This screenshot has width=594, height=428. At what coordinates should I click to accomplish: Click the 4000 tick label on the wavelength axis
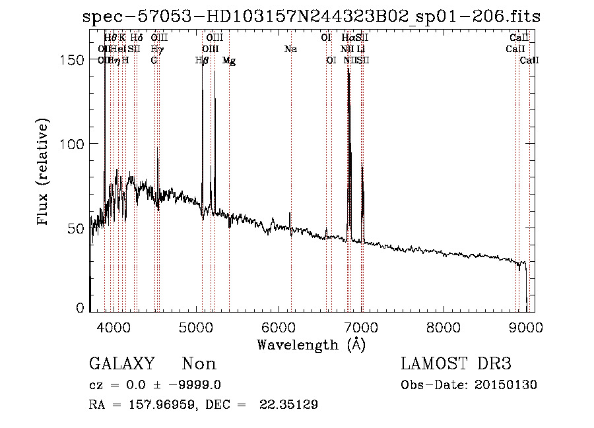[113, 327]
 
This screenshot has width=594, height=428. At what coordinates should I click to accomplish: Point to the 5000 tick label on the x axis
[195, 327]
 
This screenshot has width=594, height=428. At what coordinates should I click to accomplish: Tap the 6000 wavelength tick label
[278, 327]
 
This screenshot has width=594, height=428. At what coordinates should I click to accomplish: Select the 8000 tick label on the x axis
[444, 327]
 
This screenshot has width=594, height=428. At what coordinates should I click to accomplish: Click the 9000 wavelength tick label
[526, 327]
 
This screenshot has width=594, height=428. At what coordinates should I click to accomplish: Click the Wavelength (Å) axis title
[311, 344]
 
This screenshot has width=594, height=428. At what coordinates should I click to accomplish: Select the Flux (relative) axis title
[44, 173]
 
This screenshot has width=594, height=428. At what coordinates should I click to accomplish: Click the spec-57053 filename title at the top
[312, 16]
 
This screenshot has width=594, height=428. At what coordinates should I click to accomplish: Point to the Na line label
[290, 49]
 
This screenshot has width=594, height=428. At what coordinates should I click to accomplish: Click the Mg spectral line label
[228, 61]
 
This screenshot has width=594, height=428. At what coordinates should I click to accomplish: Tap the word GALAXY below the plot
[121, 364]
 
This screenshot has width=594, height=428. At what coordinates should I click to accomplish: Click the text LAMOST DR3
[456, 364]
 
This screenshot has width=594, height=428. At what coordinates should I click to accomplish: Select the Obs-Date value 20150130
[508, 385]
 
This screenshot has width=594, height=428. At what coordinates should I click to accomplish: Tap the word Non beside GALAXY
[199, 364]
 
